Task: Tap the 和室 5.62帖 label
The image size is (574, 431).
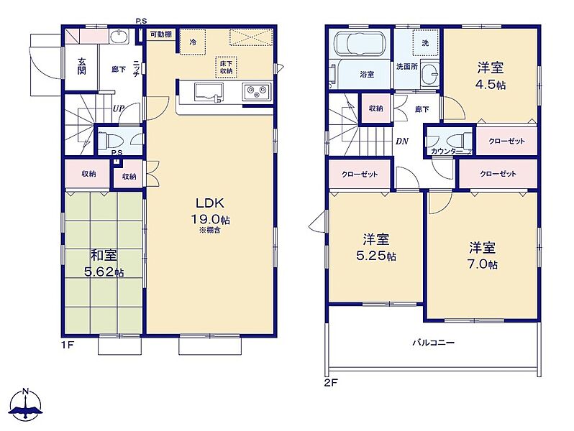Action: (x=104, y=263)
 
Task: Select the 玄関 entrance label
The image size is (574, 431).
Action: (x=81, y=66)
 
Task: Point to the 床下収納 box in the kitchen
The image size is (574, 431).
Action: (x=227, y=68)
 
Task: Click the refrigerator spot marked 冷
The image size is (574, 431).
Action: (x=193, y=42)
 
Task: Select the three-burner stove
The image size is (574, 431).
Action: (x=257, y=91)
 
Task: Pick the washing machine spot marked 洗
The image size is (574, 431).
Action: (x=425, y=43)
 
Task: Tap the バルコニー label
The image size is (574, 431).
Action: (x=434, y=343)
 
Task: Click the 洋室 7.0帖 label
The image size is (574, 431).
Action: (x=483, y=256)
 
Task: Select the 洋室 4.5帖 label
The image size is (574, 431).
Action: (x=491, y=75)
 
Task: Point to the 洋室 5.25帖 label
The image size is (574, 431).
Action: (x=376, y=247)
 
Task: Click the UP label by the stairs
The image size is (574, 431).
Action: (x=118, y=108)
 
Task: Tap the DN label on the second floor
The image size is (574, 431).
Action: (x=402, y=141)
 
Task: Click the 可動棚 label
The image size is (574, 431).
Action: (x=160, y=34)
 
